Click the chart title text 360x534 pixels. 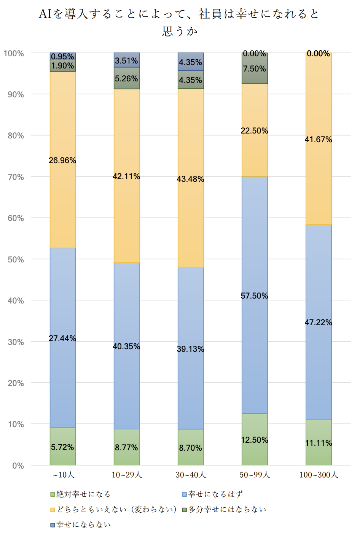[179, 22]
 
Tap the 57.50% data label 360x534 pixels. [254, 296]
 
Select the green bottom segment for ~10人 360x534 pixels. [63, 446]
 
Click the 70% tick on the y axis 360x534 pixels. [16, 177]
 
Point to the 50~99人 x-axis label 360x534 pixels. [255, 475]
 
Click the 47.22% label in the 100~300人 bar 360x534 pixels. [318, 323]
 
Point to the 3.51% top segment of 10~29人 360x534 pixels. [127, 60]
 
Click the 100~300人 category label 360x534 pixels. [319, 475]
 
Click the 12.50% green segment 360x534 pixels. [255, 439]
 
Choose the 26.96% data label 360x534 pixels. [62, 161]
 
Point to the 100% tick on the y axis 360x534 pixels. [14, 53]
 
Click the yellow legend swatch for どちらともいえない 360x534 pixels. [53, 510]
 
